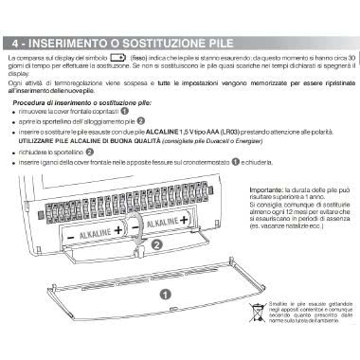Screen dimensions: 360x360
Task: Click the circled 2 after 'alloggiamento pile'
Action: click(x=141, y=123)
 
